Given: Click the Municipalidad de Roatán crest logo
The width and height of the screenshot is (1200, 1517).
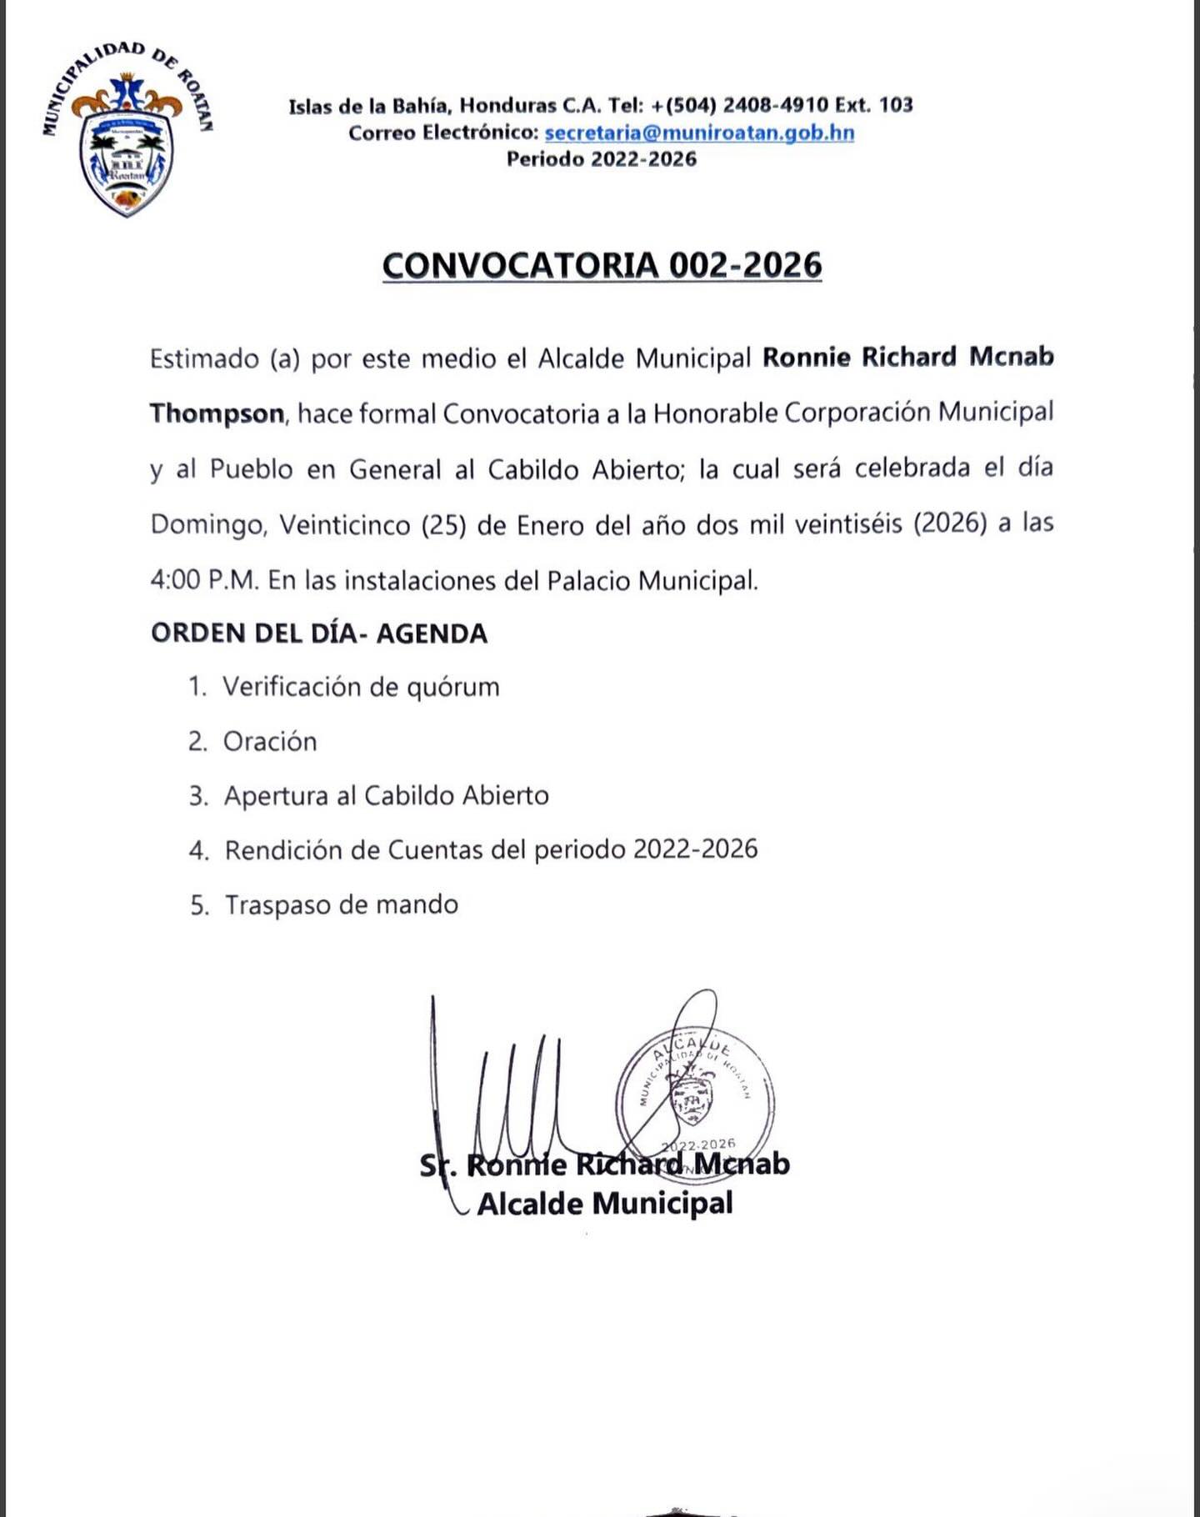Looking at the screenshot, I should tap(127, 133).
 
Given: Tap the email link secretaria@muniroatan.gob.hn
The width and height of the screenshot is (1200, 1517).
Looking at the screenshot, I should tap(699, 133).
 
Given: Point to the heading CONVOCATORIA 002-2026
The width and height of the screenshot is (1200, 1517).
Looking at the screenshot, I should tap(602, 265).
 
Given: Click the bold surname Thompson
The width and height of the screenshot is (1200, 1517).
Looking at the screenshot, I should tap(217, 413).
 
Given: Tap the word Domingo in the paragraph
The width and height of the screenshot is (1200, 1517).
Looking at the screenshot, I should tap(208, 525).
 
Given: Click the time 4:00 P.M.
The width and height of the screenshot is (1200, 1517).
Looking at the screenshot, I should tap(204, 580).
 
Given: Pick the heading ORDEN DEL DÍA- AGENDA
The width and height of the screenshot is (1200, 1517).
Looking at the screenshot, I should tap(319, 633).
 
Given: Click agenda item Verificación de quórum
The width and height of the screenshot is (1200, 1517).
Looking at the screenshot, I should tap(361, 688).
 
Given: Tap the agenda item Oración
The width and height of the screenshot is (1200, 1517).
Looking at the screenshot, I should tap(270, 742).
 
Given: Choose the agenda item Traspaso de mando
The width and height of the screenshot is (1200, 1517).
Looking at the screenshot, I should tap(342, 905).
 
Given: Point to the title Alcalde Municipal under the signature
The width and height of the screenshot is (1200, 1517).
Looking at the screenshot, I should tap(605, 1204).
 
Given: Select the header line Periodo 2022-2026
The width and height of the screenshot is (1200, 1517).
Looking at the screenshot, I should tap(601, 159).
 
